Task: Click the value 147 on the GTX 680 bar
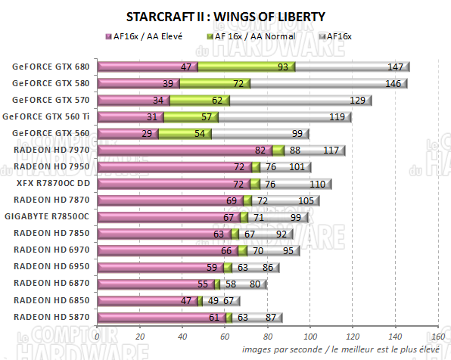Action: tap(394, 67)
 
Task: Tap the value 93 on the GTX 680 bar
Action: tap(282, 67)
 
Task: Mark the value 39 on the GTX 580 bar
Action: tap(167, 84)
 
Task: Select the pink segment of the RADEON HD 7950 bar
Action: tap(174, 166)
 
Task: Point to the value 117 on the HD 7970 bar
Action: tap(330, 150)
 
